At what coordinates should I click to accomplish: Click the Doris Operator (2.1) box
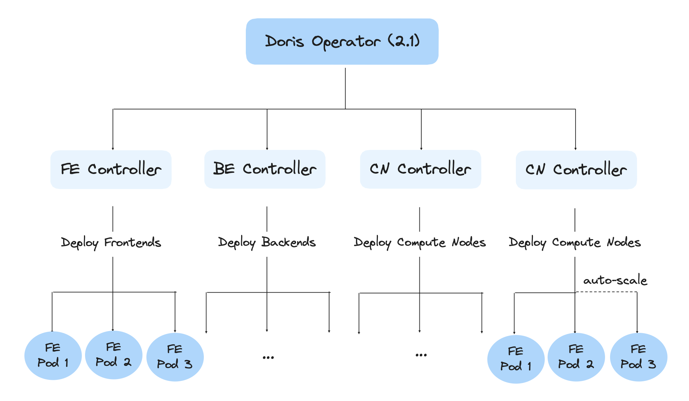342,42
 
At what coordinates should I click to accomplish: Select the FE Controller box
111,170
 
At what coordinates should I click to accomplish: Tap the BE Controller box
265,169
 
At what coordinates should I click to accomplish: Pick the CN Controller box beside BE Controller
420,169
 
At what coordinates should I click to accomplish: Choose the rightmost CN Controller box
576,170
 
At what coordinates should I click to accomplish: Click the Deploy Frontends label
111,242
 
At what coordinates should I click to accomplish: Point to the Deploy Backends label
267,242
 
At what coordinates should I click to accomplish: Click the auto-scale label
615,280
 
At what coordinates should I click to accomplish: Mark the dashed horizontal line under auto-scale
606,292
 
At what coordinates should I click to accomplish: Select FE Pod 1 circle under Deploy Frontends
53,355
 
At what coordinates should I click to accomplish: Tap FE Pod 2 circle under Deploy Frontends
113,355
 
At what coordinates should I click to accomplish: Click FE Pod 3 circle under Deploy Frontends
175,357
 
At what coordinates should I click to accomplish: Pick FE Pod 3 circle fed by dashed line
638,357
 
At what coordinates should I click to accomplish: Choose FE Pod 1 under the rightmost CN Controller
516,359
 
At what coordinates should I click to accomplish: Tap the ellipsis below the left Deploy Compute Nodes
421,355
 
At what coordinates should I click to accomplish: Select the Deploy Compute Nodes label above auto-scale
575,242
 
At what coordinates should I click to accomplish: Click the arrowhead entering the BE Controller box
267,148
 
